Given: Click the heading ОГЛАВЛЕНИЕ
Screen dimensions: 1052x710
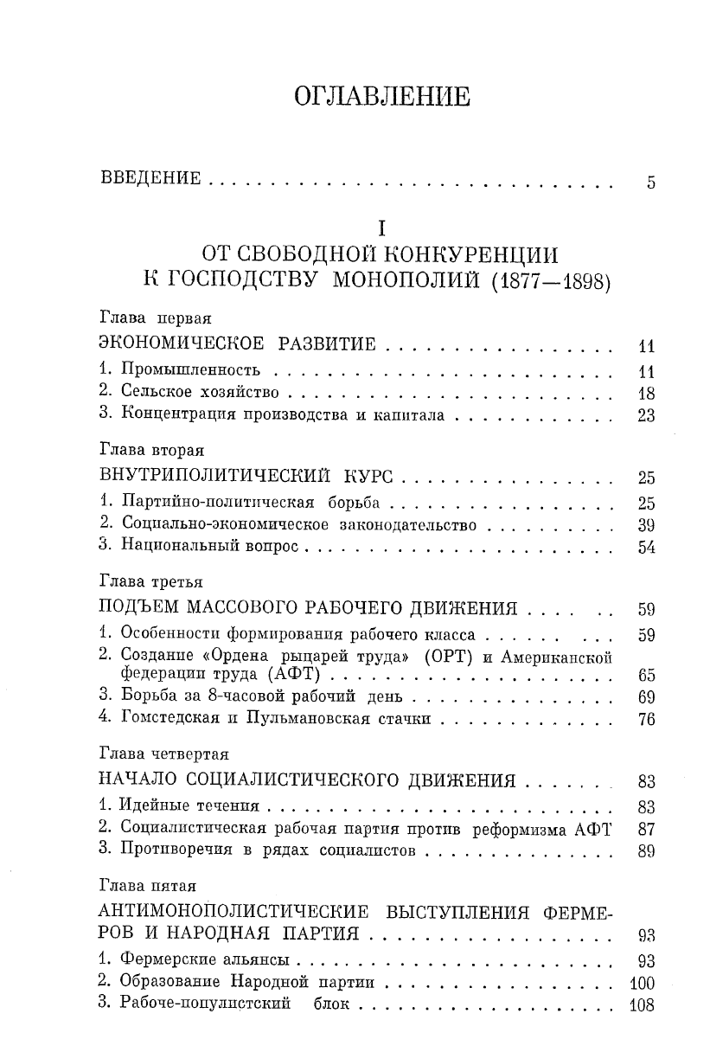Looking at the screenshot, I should [382, 96].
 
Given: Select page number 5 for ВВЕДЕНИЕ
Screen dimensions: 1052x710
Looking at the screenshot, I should [650, 183].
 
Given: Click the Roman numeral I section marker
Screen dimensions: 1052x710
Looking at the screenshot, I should [380, 228].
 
